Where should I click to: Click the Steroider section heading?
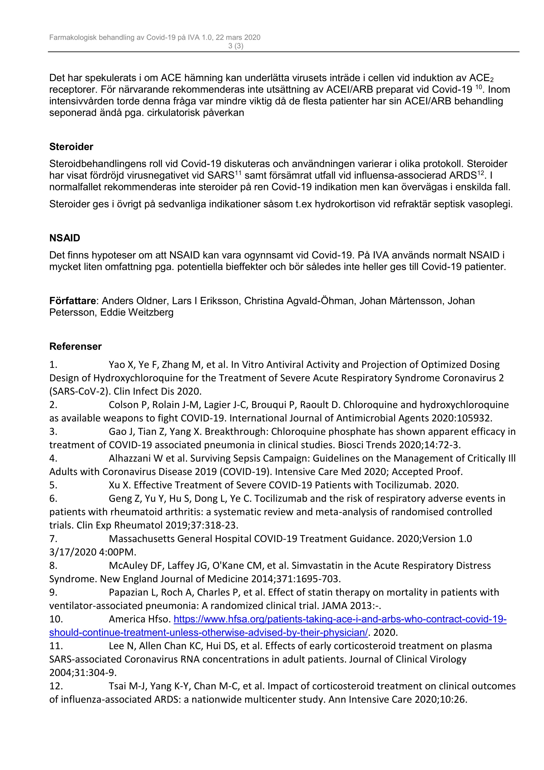pyautogui.click(x=71, y=147)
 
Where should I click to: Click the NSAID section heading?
pyautogui.click(x=65, y=238)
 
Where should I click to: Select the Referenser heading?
pyautogui.click(x=75, y=346)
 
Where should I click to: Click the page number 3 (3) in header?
pyautogui.click(x=236, y=46)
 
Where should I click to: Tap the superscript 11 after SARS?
pyautogui.click(x=238, y=173)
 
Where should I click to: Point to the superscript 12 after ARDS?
pyautogui.click(x=481, y=173)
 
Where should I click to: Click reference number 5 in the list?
pyautogui.click(x=53, y=485)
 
